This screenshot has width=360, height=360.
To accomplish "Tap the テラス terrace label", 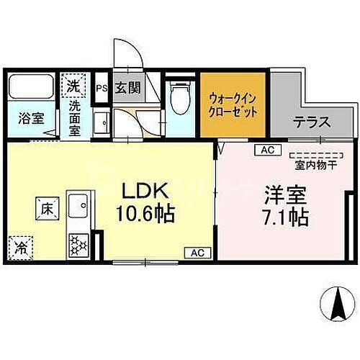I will click(311, 122).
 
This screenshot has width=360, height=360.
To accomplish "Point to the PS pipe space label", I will click(102, 88).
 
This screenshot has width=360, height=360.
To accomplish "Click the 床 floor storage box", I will click(44, 210).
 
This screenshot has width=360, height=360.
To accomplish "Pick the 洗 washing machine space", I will click(73, 85).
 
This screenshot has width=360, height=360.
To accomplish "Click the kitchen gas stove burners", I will click(76, 248).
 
